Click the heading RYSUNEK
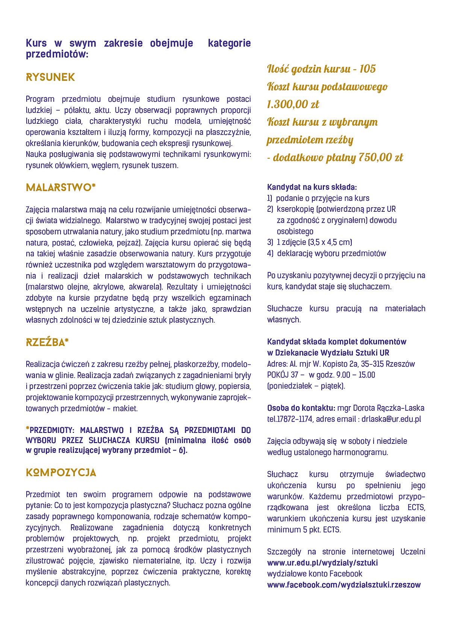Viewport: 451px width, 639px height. click(50, 77)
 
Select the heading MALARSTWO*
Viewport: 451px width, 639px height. click(61, 188)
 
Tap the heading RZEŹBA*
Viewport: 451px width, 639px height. click(47, 343)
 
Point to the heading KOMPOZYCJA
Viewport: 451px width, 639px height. click(61, 473)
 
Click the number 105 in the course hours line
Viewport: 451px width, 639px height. click(367, 69)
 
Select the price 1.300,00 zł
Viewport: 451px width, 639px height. click(293, 104)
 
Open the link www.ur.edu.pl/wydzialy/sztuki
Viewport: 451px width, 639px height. click(322, 563)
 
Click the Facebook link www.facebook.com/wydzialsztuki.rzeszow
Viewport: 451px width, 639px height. click(344, 585)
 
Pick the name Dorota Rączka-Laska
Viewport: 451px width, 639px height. click(381, 408)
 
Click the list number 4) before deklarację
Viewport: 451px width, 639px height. click(270, 253)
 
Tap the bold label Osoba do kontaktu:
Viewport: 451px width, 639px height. click(301, 408)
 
